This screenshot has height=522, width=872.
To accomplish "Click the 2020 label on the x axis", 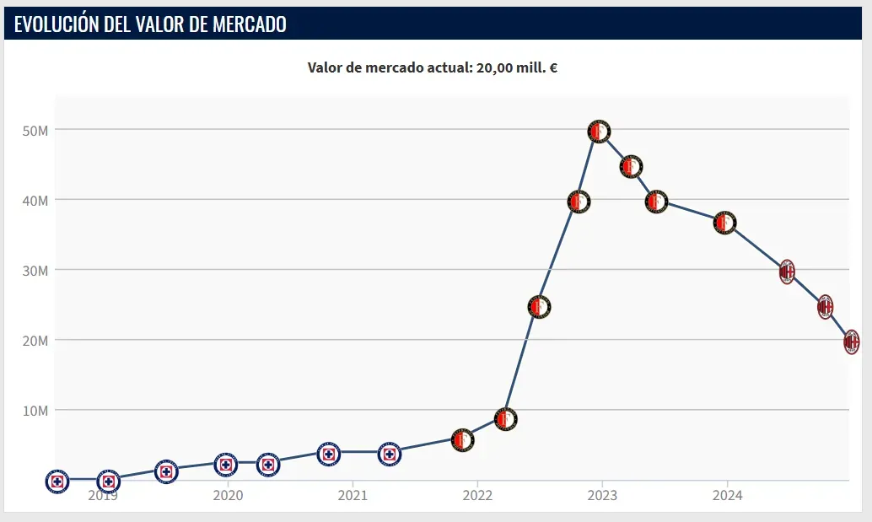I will [x=228, y=496].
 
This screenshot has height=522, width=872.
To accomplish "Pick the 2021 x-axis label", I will [x=353, y=496].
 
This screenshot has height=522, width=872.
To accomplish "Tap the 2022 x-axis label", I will [x=477, y=496].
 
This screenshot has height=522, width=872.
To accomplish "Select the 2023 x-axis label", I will [x=601, y=496].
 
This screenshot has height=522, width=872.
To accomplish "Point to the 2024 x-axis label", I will [x=727, y=496].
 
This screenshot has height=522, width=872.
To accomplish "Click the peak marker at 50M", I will [x=599, y=132].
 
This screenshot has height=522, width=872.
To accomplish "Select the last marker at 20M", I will [x=852, y=342].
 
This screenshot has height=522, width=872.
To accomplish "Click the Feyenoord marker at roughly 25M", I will [x=540, y=307].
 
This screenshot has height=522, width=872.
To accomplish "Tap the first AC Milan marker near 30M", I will [x=787, y=272].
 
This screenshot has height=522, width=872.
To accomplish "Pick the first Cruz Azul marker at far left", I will [x=57, y=482].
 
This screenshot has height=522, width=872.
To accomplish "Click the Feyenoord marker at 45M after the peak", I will [x=631, y=167].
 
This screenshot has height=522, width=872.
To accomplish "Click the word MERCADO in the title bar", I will [x=248, y=24].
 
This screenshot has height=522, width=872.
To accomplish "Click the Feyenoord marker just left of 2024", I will [x=725, y=223].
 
